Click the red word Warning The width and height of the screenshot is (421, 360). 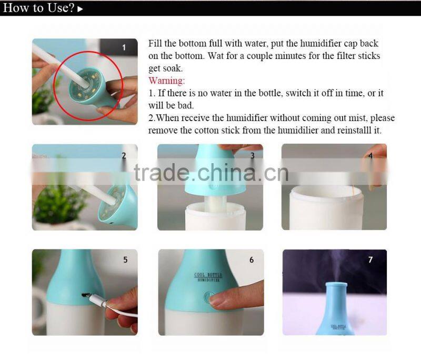pyautogui.click(x=166, y=81)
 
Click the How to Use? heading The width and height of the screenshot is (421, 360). pyautogui.click(x=38, y=8)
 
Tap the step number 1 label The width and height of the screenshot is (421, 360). pyautogui.click(x=124, y=47)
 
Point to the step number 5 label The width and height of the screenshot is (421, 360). pyautogui.click(x=125, y=260)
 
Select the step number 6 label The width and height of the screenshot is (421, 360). pyautogui.click(x=252, y=260)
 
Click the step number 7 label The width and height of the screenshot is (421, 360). pyautogui.click(x=370, y=259)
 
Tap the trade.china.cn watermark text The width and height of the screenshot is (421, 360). pyautogui.click(x=211, y=173)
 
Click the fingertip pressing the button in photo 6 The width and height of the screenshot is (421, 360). pyautogui.click(x=217, y=300)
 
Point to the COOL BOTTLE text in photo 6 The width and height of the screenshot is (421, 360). pyautogui.click(x=208, y=275)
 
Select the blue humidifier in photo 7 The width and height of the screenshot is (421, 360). pyautogui.click(x=336, y=309)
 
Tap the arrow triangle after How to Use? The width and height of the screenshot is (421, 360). pyautogui.click(x=80, y=9)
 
